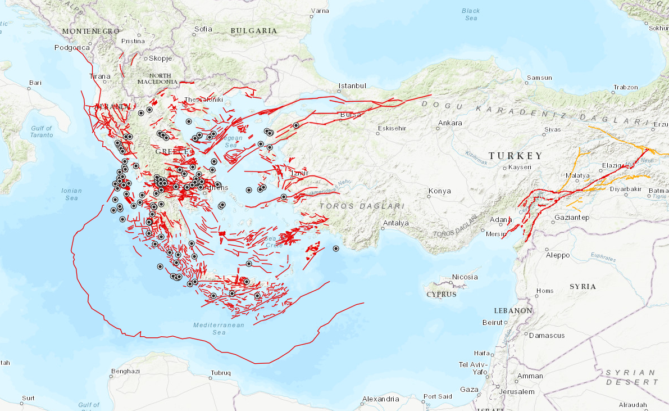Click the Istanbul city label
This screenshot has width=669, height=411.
(x=352, y=86)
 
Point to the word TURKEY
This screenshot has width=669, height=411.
(x=515, y=156)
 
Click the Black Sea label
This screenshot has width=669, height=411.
(x=471, y=15)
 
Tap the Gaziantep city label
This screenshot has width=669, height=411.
(x=572, y=217)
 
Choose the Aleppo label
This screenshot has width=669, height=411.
(x=558, y=255)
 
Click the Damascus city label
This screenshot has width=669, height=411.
(x=547, y=335)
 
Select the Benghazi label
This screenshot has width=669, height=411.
(x=125, y=371)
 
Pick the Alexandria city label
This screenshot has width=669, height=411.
(x=380, y=399)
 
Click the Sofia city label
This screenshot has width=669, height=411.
(x=203, y=29)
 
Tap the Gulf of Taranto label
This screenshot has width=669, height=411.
(x=42, y=132)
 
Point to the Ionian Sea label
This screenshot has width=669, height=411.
(x=71, y=194)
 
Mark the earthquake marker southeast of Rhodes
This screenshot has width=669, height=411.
(x=336, y=249)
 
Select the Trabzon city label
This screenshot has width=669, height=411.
(x=625, y=87)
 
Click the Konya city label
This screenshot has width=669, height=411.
(x=439, y=191)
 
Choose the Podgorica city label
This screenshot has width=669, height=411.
(x=72, y=48)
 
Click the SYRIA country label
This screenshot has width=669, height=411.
(x=582, y=286)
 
